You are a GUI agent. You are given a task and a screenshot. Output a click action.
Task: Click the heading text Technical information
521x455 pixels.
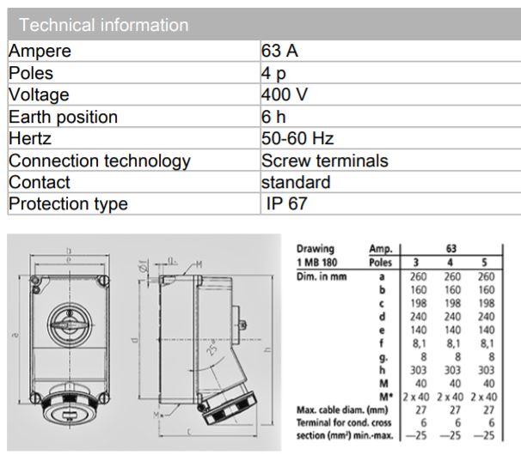click(104, 25)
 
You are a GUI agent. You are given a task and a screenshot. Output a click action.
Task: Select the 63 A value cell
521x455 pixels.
click(279, 51)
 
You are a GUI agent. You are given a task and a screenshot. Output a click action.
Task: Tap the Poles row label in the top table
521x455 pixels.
click(31, 73)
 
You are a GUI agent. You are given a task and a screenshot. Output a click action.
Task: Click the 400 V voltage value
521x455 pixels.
click(285, 94)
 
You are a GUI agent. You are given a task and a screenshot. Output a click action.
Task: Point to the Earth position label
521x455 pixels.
click(63, 117)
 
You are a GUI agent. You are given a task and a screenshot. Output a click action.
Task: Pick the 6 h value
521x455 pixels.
click(274, 117)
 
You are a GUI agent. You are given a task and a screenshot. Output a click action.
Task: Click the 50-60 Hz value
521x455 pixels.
click(297, 138)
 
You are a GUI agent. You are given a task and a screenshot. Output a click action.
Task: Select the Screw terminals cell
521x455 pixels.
click(324, 161)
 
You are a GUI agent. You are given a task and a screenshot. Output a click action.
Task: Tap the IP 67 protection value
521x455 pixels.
click(286, 204)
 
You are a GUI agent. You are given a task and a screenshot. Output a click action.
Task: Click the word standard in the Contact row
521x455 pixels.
click(296, 182)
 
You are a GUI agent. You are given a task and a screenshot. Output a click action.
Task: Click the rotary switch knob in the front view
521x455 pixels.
click(64, 325)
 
